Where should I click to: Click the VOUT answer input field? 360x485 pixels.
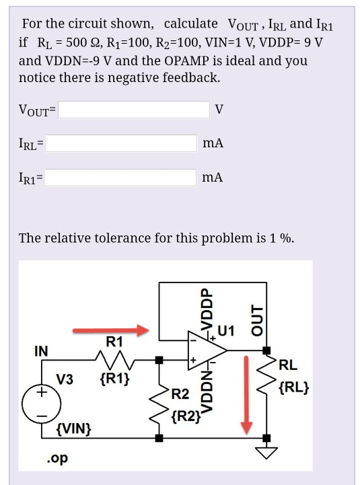(x=134, y=109)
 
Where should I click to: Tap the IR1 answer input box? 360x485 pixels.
(x=120, y=178)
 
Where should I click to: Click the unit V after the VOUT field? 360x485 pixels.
(x=219, y=109)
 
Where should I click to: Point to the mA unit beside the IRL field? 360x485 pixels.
(x=213, y=143)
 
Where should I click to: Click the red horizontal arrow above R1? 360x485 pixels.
(x=111, y=330)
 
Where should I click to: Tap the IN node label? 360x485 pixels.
(x=41, y=351)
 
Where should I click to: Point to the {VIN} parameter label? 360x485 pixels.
(x=74, y=428)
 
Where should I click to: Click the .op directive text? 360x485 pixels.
(x=57, y=459)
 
